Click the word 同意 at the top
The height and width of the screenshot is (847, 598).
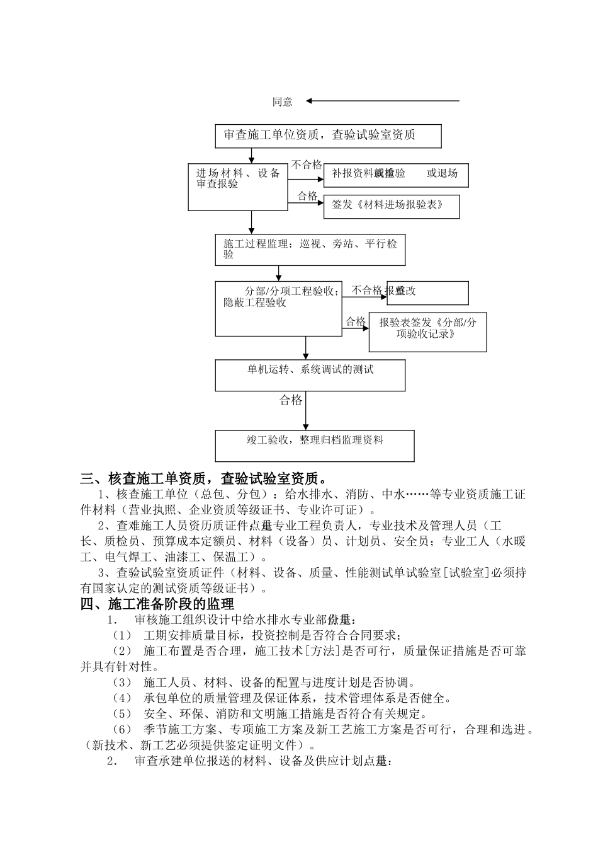click(x=283, y=102)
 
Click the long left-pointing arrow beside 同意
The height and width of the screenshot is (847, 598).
click(x=383, y=101)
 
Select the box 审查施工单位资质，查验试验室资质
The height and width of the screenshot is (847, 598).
click(x=328, y=135)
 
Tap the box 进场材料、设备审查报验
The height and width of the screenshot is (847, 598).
click(x=238, y=187)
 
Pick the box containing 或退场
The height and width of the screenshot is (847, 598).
click(x=396, y=175)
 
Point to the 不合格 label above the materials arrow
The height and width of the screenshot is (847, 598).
click(x=307, y=165)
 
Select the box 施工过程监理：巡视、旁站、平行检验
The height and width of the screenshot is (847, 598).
click(x=310, y=250)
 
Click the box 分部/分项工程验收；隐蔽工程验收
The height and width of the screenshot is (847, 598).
click(x=278, y=309)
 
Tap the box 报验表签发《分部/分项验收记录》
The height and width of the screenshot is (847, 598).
click(x=427, y=331)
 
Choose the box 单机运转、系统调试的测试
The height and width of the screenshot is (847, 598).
click(x=310, y=375)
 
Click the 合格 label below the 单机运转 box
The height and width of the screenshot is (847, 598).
click(x=291, y=400)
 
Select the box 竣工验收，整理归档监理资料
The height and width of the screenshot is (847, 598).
click(x=315, y=446)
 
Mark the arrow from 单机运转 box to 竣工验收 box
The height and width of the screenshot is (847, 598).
click(x=306, y=411)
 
